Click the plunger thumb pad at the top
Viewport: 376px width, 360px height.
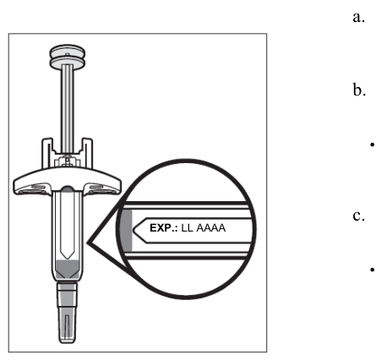click(x=68, y=57)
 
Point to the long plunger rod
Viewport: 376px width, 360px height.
click(x=68, y=108)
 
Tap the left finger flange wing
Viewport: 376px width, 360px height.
click(x=31, y=183)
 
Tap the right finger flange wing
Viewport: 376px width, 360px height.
click(x=103, y=183)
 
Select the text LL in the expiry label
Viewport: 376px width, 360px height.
click(x=188, y=228)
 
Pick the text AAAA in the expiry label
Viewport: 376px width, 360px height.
click(x=211, y=228)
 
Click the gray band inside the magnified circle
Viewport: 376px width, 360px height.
click(x=127, y=230)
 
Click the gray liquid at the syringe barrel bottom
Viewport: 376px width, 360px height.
click(x=68, y=269)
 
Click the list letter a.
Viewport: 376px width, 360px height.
click(x=358, y=18)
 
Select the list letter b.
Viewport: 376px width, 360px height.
click(x=359, y=90)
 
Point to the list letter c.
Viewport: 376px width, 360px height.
click(x=358, y=216)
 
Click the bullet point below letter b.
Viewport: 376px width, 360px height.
click(x=373, y=145)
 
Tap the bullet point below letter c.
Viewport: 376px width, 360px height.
click(x=373, y=270)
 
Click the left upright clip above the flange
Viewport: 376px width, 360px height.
click(x=47, y=153)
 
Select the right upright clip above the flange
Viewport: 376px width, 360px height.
click(x=87, y=153)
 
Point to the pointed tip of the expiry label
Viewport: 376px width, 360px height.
click(x=134, y=230)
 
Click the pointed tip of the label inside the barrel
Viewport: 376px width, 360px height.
click(x=68, y=259)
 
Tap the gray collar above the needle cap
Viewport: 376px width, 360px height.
click(x=68, y=295)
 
